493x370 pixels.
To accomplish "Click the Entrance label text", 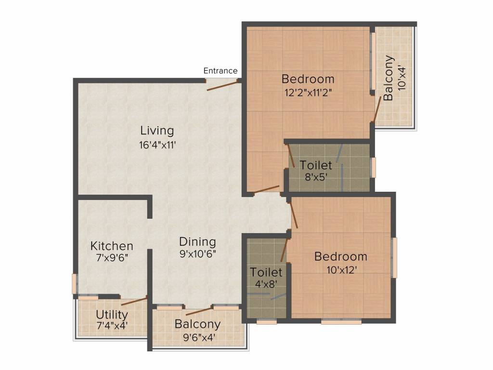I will [x=220, y=71].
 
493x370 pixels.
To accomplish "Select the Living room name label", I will [x=157, y=131].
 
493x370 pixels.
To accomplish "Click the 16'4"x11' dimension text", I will [x=157, y=144].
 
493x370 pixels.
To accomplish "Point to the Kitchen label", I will [x=112, y=246].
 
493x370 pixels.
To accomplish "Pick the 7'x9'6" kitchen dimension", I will [x=112, y=258].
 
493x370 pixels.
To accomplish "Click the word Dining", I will [x=197, y=242].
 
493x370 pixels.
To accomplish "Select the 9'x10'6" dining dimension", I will [x=197, y=254].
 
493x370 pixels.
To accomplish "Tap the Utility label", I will [x=112, y=315].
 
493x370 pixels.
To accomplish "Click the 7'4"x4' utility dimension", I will [x=112, y=326].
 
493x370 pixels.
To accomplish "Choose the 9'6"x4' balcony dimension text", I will [x=197, y=337].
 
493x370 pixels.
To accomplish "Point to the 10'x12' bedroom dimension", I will [x=340, y=270].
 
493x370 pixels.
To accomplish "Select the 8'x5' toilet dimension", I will [x=315, y=177].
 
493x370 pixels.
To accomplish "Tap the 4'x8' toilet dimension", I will [x=266, y=284].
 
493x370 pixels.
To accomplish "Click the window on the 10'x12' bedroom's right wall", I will [x=394, y=257].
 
